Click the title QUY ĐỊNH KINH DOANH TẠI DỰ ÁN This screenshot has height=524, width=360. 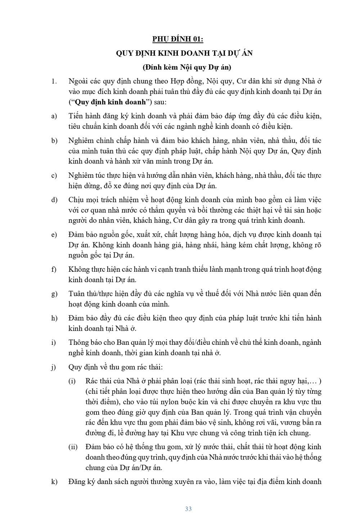pos(184,53)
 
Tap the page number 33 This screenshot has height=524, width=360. pos(188,509)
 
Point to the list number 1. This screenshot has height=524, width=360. pos(54,81)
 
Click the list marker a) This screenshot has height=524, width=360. pos(54,116)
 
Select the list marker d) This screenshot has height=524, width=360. pos(55,200)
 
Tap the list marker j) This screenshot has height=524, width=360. pos(54,367)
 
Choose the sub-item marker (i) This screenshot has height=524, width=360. pos(72,381)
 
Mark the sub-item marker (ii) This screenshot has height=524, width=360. pos(73,447)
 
